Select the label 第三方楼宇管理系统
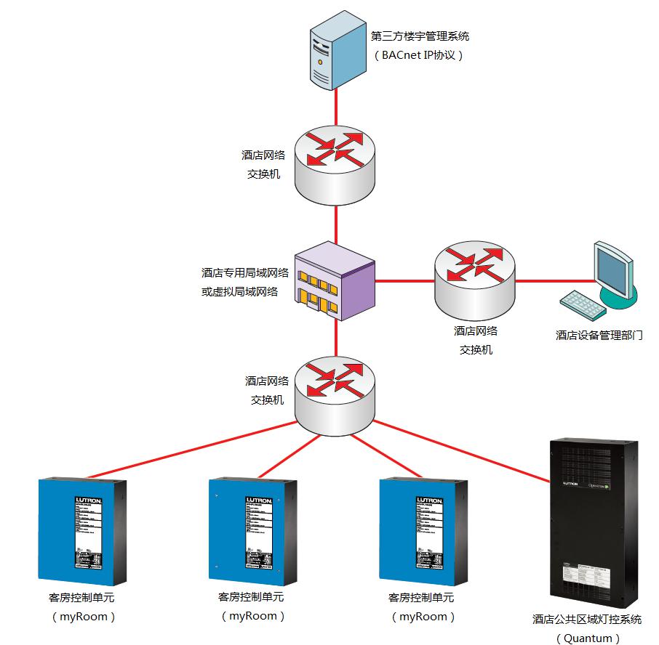(x=420, y=36)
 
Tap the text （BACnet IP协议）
(x=418, y=55)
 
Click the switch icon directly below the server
(x=335, y=163)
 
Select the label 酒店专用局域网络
(x=245, y=273)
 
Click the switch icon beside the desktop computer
(x=475, y=280)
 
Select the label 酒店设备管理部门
(x=599, y=335)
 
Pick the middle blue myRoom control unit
(x=252, y=532)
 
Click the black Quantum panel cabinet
(x=594, y=524)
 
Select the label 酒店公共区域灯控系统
(x=588, y=620)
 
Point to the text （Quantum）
(x=588, y=638)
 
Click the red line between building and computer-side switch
(x=404, y=280)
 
